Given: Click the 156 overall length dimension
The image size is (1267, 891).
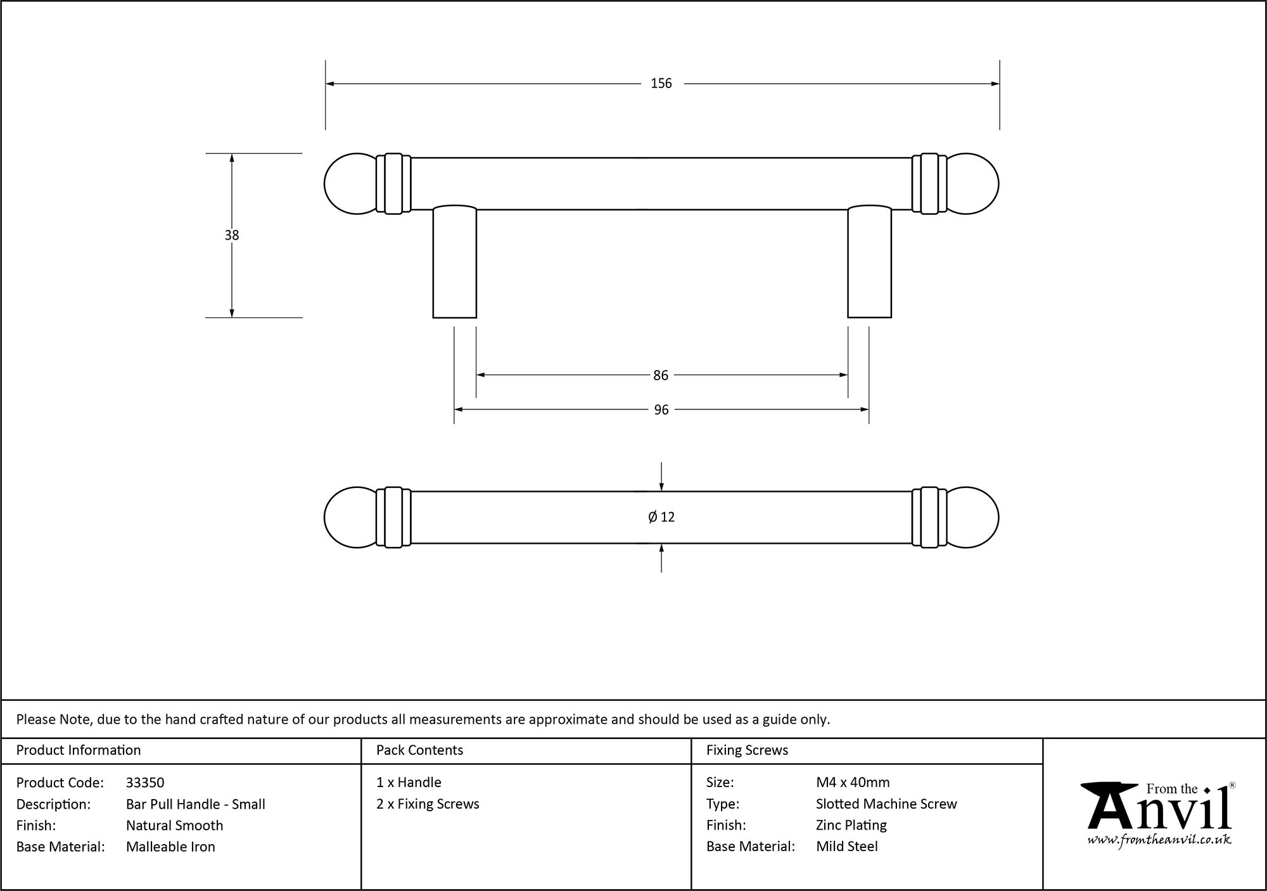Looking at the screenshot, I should coord(661,84).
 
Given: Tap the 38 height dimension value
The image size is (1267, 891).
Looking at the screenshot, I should coord(232,235).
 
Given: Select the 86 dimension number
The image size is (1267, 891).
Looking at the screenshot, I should coord(661,376).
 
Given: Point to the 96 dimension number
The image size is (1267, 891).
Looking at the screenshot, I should coord(661,410).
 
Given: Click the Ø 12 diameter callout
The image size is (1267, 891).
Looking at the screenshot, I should coord(661,517).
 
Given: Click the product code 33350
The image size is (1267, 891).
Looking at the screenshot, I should coord(145,783).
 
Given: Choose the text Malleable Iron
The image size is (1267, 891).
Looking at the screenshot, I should coord(170,847).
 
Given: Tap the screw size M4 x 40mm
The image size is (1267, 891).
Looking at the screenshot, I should coord(853,783).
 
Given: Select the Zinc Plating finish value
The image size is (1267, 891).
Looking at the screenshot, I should coord(851,825).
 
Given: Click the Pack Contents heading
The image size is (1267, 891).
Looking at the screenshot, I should coord(419,750).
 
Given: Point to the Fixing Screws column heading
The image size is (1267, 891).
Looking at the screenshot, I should coord(747,750).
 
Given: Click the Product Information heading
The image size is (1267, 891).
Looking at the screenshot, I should coord(79,750).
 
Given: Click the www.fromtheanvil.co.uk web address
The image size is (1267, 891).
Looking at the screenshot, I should coord(1159,840).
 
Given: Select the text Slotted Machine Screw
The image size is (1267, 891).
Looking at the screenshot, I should coord(886,804).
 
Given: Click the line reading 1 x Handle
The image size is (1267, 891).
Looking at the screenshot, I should coord(409,783).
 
